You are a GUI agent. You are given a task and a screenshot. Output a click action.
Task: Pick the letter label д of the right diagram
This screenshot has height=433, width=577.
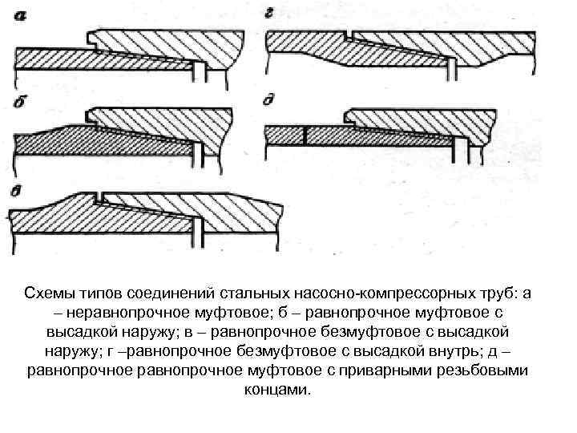[x=270, y=101]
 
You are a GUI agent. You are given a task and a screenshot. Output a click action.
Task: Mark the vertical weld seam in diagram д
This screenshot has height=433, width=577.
[x=305, y=135]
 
